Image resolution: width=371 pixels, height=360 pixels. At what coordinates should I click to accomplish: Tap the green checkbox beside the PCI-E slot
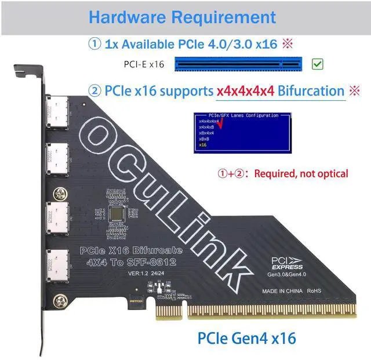(317, 64)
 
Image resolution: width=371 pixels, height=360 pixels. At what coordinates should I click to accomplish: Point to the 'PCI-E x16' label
(144, 64)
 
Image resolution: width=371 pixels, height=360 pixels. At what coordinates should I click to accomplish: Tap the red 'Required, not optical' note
(301, 173)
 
